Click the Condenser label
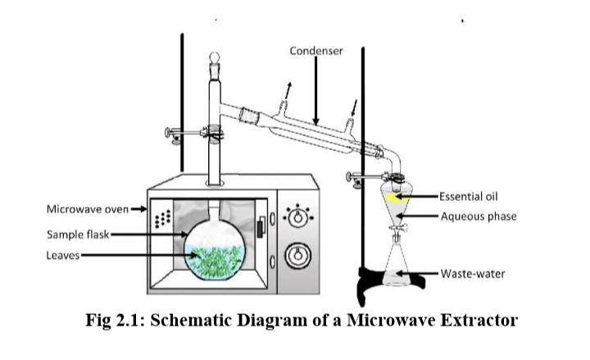click(x=315, y=51)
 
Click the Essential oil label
click(x=470, y=197)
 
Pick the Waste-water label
click(x=473, y=273)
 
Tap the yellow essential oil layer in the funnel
click(x=395, y=197)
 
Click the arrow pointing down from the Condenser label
click(x=315, y=94)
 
